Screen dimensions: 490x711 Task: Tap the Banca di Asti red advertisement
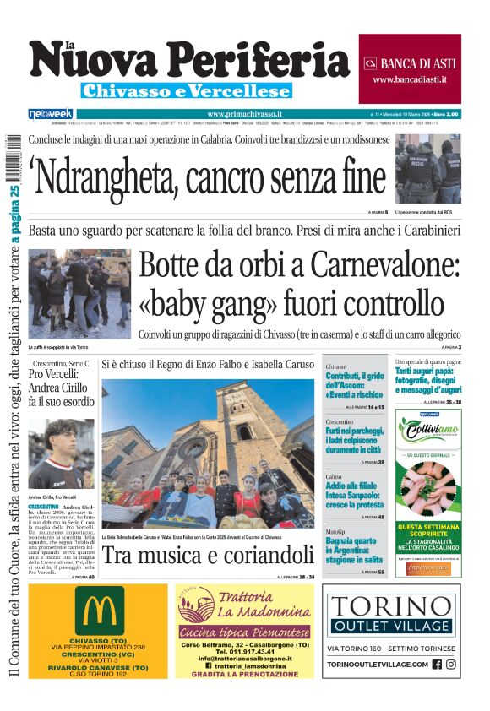tap(410, 69)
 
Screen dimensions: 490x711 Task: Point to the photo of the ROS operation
tap(428, 170)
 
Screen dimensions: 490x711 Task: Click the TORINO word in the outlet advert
tap(392, 605)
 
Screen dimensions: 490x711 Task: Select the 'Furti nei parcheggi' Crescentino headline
tap(355, 436)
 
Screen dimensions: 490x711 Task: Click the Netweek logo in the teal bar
tap(51, 113)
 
